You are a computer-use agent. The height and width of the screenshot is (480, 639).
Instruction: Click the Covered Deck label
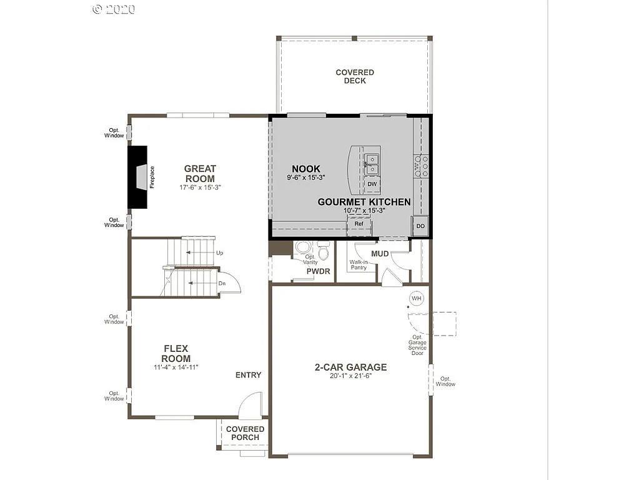click(355, 76)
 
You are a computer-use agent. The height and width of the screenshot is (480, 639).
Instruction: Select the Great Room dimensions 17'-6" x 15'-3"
click(200, 187)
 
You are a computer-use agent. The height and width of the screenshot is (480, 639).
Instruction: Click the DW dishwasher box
click(372, 184)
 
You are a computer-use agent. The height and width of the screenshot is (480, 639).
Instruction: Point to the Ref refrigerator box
click(359, 223)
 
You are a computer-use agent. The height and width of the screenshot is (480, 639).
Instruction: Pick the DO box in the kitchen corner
click(420, 226)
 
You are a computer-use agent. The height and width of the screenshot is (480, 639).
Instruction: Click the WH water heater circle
click(417, 299)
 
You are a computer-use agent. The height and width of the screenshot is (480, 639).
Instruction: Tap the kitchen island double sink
click(372, 164)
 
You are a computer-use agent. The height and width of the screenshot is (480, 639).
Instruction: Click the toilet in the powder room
click(324, 251)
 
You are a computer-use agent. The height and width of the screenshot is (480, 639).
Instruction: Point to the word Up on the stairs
click(219, 253)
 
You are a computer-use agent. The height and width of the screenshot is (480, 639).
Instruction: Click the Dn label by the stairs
click(222, 283)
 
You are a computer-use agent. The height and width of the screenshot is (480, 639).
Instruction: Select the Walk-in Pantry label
click(359, 265)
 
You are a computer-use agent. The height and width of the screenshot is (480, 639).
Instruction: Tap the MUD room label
click(380, 254)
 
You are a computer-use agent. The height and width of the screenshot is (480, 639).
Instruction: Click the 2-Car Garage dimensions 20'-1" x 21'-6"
click(350, 376)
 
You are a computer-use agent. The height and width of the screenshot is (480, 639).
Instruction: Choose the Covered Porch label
click(245, 433)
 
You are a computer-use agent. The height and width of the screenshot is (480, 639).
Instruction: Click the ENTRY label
click(248, 375)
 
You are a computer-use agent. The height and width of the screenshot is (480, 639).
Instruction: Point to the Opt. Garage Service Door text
click(418, 345)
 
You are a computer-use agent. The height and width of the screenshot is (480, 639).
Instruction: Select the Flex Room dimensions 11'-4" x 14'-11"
click(176, 367)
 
